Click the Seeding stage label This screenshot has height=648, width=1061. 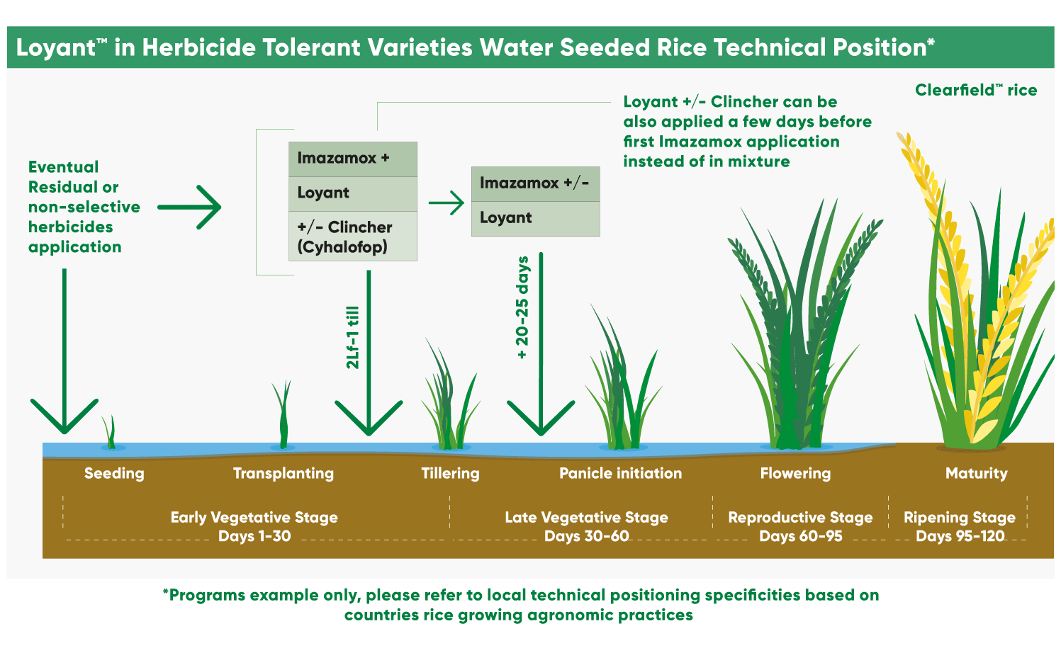point(114,474)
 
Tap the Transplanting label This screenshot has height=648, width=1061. point(284,474)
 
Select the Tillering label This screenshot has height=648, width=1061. point(450,474)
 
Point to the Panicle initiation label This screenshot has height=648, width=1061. point(620,474)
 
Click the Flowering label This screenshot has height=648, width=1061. point(795,474)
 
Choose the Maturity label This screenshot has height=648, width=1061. point(976,474)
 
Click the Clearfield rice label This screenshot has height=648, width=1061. point(975,91)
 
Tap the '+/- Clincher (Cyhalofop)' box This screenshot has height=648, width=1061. point(352,237)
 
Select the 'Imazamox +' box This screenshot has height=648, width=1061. point(352,159)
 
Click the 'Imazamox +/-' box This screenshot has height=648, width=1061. point(535,183)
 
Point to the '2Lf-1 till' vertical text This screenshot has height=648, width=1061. point(353,338)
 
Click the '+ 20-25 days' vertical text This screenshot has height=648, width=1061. point(523,307)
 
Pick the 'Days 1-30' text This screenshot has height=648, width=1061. point(254,537)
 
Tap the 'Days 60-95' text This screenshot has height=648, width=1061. point(801,537)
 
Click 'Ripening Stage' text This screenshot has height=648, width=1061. point(959,518)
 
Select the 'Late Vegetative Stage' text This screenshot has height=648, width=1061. point(586,518)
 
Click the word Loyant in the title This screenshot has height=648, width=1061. point(55,47)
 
